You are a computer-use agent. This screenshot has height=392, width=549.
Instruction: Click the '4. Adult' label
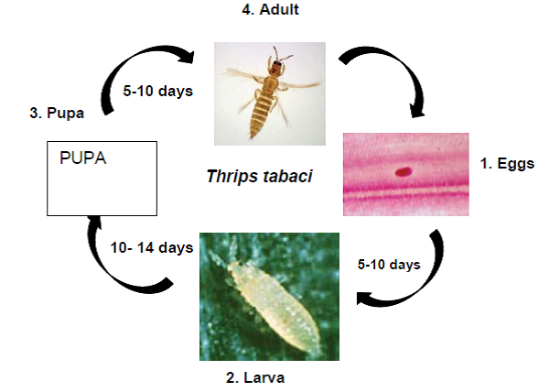(270, 9)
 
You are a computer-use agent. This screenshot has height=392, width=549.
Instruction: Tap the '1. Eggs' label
(507, 164)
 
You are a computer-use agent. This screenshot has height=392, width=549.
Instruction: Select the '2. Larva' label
(255, 378)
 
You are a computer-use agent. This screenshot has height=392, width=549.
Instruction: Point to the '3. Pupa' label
(57, 114)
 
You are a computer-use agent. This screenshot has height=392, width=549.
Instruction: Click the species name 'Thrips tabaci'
(260, 176)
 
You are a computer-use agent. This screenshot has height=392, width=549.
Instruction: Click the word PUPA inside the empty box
(83, 158)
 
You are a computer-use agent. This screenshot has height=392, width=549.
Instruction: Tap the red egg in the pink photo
(404, 171)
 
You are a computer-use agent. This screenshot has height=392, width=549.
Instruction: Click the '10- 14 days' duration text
(152, 247)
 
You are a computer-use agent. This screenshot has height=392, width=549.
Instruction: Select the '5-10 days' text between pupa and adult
(158, 91)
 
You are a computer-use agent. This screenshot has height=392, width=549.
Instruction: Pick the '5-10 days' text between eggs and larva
(389, 265)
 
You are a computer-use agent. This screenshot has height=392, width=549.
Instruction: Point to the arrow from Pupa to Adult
(119, 63)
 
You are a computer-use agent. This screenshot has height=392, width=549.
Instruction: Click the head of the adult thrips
(276, 66)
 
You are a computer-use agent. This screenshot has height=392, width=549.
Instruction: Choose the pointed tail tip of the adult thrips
(252, 136)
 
